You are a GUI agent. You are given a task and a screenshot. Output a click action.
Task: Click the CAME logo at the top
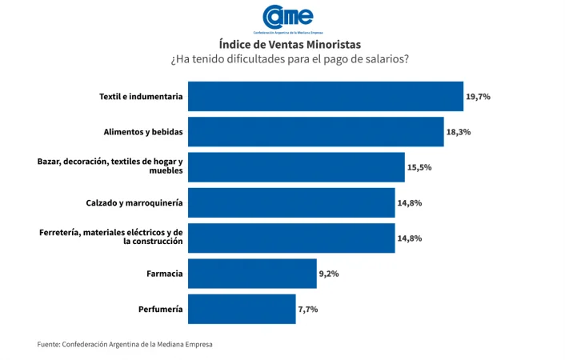pyautogui.click(x=288, y=18)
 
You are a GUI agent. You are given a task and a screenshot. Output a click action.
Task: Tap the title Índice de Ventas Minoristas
pyautogui.click(x=289, y=44)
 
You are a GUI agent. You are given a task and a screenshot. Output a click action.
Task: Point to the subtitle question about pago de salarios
pyautogui.click(x=289, y=60)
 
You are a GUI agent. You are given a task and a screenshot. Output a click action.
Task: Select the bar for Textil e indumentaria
pyautogui.click(x=325, y=96)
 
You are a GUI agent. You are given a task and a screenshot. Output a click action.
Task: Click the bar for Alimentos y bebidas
pyautogui.click(x=315, y=131)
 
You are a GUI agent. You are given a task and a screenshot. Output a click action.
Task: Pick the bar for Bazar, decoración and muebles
pyautogui.click(x=296, y=167)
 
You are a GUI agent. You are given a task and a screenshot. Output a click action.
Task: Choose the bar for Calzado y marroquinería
pyautogui.click(x=291, y=202)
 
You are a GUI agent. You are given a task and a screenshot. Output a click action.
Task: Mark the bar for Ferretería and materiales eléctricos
pyautogui.click(x=291, y=238)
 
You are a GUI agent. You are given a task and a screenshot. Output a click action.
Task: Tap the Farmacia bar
pyautogui.click(x=252, y=274)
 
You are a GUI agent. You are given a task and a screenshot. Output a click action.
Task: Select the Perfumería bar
pyautogui.click(x=242, y=309)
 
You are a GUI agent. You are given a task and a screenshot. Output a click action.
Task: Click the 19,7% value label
pyautogui.click(x=478, y=96)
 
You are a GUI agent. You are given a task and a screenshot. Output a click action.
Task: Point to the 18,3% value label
pyautogui.click(x=458, y=132)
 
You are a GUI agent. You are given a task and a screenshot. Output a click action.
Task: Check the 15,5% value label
pyautogui.click(x=419, y=167)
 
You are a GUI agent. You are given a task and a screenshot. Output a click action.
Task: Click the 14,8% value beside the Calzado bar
pyautogui.click(x=409, y=203)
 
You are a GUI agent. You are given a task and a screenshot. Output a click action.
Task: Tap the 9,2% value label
pyautogui.click(x=329, y=274)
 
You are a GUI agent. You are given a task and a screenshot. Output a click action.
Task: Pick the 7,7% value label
pyautogui.click(x=308, y=310)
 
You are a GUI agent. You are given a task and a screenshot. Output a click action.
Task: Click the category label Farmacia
pyautogui.click(x=164, y=274)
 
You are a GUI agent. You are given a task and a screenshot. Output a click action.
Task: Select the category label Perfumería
pyautogui.click(x=160, y=309)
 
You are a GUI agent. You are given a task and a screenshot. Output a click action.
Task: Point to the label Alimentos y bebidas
pyautogui.click(x=143, y=131)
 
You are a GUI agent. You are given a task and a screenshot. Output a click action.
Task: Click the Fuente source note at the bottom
pyautogui.click(x=125, y=344)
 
